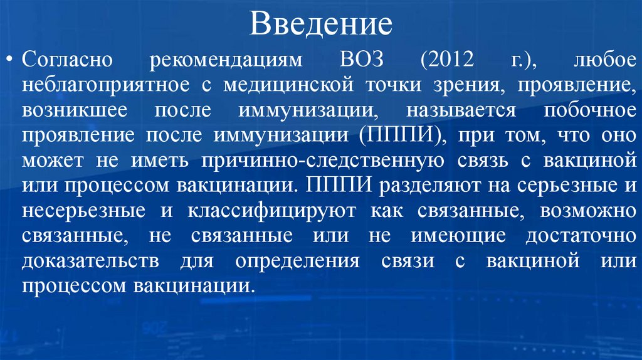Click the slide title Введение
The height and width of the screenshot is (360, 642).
(x=321, y=24)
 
